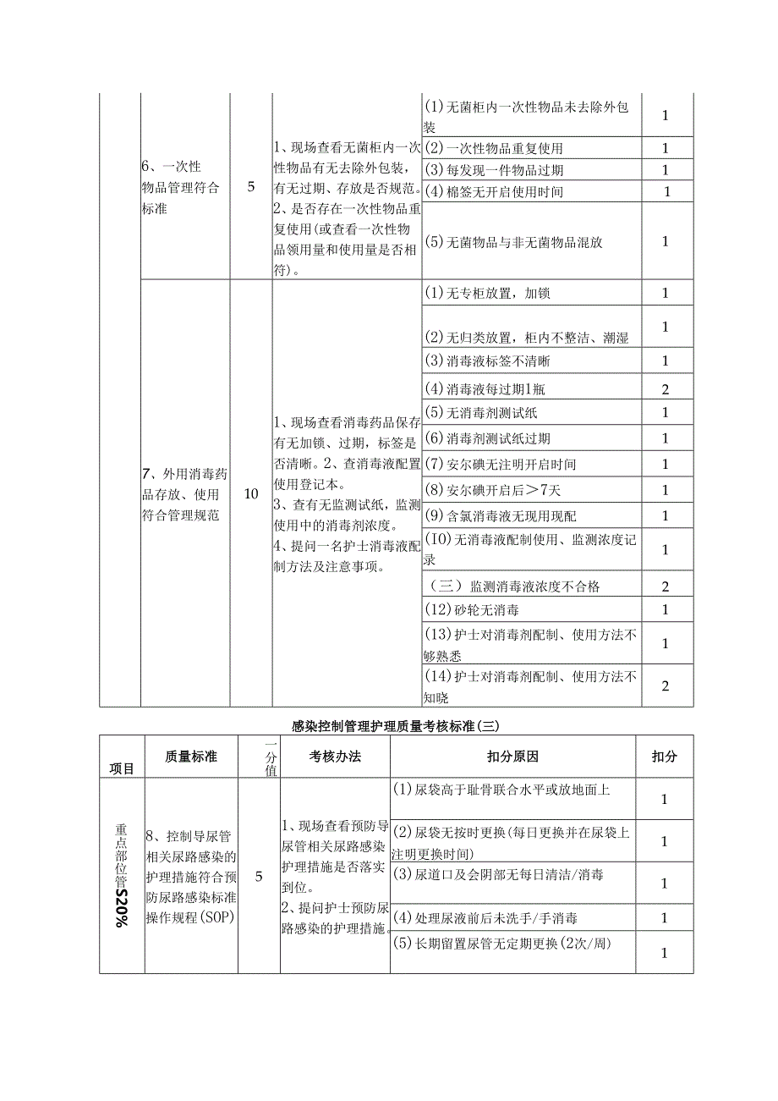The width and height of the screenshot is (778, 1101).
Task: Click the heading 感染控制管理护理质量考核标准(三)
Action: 397,725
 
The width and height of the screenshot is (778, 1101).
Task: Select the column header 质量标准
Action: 191,757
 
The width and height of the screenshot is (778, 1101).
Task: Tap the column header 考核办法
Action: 335,757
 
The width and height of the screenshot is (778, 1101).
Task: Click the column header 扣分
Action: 664,757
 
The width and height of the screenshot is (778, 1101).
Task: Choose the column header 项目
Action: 122,768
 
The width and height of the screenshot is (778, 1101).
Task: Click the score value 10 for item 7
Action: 250,493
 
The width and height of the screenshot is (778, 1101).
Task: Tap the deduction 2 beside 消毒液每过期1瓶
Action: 665,389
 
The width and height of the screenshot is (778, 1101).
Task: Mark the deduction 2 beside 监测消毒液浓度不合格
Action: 665,586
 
